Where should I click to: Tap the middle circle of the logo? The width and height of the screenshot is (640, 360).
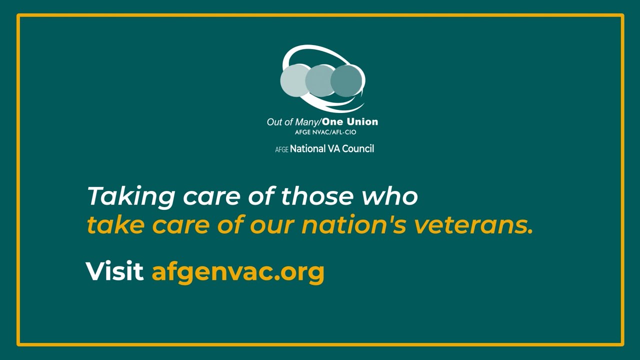pyautogui.click(x=320, y=80)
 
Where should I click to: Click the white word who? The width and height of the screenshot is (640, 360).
pyautogui.click(x=389, y=196)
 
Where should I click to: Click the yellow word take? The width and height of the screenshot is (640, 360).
pyautogui.click(x=115, y=225)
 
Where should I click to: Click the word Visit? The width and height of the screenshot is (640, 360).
pyautogui.click(x=114, y=271)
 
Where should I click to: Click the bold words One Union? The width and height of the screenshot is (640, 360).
pyautogui.click(x=350, y=121)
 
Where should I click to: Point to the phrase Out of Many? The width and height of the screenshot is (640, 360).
pyautogui.click(x=292, y=122)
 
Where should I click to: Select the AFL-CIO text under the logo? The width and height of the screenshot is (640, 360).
pyautogui.click(x=342, y=132)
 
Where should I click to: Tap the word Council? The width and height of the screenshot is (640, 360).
pyautogui.click(x=358, y=148)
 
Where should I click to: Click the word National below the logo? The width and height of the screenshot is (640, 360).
pyautogui.click(x=307, y=148)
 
